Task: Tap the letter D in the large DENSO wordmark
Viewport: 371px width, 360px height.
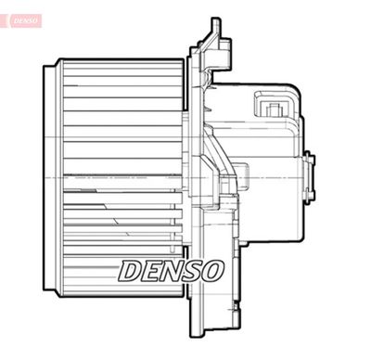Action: [132, 270]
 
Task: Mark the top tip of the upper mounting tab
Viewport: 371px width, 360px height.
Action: [215, 20]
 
